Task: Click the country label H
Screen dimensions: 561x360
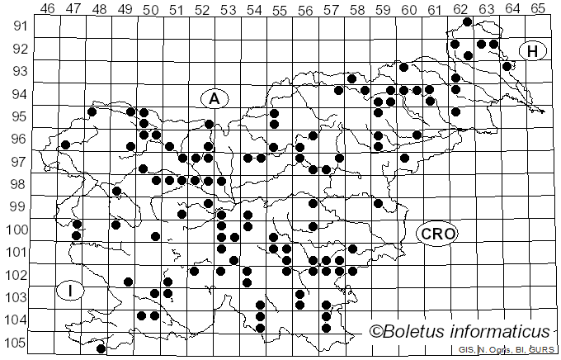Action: pos(533,51)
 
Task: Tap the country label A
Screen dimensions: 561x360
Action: pos(214,98)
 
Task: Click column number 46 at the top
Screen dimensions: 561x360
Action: pos(48,9)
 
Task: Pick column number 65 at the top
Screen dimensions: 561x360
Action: pos(537,9)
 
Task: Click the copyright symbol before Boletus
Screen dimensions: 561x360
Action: pos(375,332)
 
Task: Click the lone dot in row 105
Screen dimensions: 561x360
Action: pos(101,348)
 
